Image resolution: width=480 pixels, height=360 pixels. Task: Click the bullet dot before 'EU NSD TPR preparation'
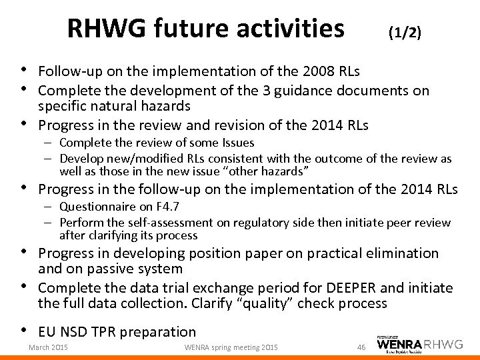click(x=25, y=330)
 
